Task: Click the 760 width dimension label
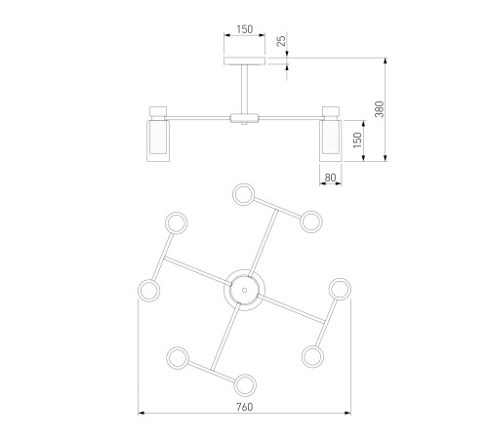click(x=244, y=407)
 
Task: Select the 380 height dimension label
click(x=380, y=109)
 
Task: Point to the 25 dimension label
click(x=282, y=40)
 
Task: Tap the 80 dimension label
click(x=330, y=178)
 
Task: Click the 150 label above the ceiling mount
click(x=245, y=29)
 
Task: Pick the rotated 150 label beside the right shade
click(x=357, y=140)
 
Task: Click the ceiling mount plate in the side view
click(x=245, y=60)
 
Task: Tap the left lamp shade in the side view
click(x=158, y=140)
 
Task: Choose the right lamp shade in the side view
click(x=331, y=140)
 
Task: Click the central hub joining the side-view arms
click(x=244, y=118)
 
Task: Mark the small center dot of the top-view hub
click(x=244, y=290)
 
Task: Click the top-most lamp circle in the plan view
click(x=243, y=194)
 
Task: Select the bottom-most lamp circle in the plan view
click(x=245, y=385)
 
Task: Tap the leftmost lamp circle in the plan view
click(x=149, y=290)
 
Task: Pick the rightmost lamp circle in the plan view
click(x=340, y=289)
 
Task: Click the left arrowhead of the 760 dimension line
click(x=142, y=414)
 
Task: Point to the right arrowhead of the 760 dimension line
click(x=347, y=414)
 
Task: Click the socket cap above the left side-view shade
click(x=158, y=111)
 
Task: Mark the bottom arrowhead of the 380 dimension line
click(x=386, y=158)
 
